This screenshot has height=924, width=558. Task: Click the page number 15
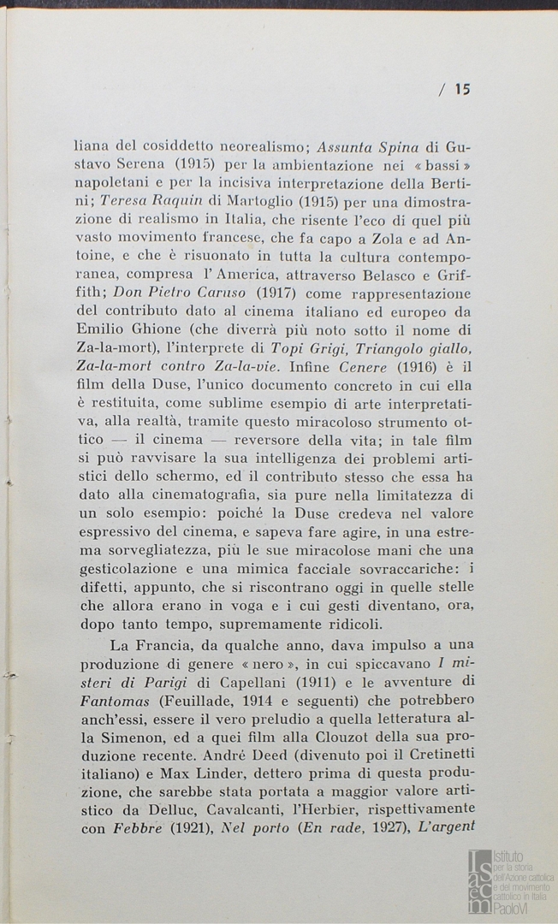[x=463, y=88]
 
